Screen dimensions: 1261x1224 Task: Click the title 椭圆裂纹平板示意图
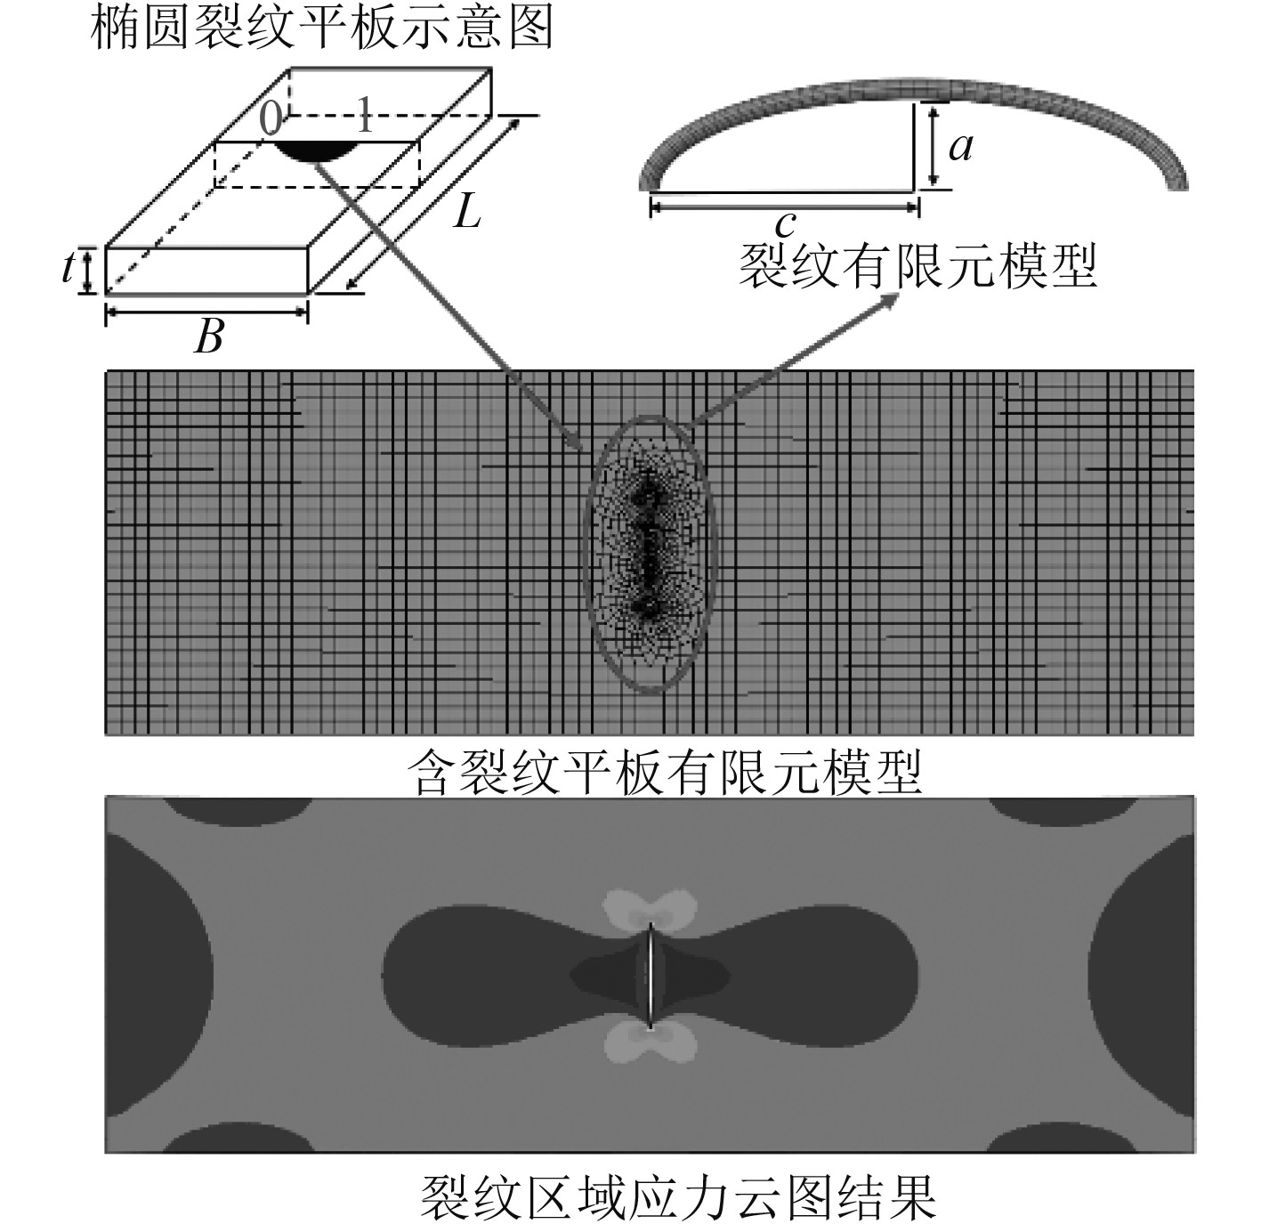click(x=322, y=27)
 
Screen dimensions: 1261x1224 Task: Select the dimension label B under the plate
click(x=209, y=336)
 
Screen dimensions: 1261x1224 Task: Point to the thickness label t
click(x=69, y=267)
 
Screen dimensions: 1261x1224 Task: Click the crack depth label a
click(x=961, y=145)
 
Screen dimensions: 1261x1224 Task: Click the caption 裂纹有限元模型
click(x=918, y=265)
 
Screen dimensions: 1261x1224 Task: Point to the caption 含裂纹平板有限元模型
click(x=665, y=771)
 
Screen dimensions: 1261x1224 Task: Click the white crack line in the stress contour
click(x=651, y=974)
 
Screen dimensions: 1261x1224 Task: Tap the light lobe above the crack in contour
click(x=649, y=911)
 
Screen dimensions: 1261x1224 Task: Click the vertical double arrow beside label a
click(x=931, y=145)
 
